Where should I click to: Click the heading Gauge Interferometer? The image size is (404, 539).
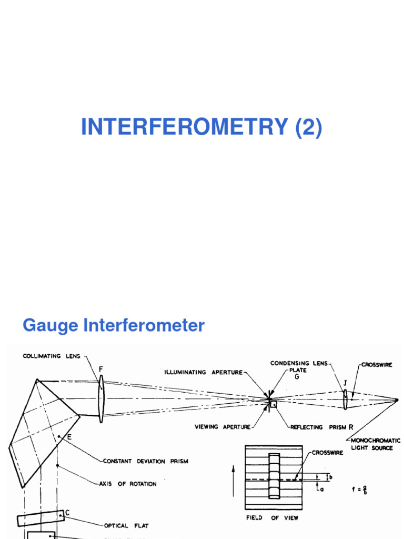tap(113, 325)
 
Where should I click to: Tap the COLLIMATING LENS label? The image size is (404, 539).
tap(52, 356)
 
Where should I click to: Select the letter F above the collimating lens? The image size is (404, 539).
tap(100, 370)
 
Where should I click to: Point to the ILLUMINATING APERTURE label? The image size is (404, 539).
tap(204, 372)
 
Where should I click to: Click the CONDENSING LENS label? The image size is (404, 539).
tap(298, 363)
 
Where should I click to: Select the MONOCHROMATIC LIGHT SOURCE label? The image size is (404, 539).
tap(376, 444)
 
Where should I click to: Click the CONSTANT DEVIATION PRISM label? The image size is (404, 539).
tap(145, 461)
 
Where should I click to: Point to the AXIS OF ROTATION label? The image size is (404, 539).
tap(128, 484)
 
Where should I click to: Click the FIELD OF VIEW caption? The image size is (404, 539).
tap(272, 518)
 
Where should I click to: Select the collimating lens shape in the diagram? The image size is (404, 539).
tap(100, 399)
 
